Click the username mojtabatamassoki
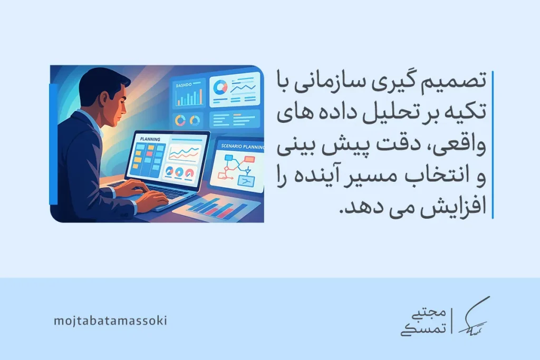[110, 320]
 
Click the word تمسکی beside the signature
[431, 328]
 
